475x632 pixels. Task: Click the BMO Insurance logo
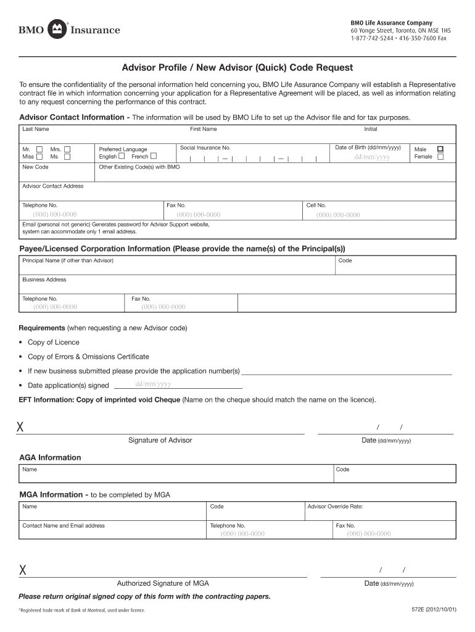click(69, 29)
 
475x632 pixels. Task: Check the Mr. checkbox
click(39, 149)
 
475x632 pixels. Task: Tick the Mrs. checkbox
click(67, 149)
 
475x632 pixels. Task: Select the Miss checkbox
click(39, 157)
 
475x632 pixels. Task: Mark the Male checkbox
click(440, 149)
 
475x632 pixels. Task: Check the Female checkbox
click(440, 157)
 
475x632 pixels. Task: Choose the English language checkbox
click(122, 156)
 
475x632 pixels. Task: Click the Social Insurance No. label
click(205, 148)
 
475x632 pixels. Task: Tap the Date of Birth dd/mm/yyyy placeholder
click(371, 157)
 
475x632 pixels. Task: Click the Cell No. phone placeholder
click(338, 215)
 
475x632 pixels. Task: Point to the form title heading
click(237, 68)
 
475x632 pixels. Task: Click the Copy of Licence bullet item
click(53, 343)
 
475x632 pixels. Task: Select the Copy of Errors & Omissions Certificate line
click(88, 357)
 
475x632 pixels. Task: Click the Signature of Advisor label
click(160, 440)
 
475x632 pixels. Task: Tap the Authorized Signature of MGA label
click(163, 583)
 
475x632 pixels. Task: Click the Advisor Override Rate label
click(335, 507)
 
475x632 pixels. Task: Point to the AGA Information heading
click(50, 457)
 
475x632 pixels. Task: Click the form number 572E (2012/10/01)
click(434, 610)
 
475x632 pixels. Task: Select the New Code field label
click(35, 167)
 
